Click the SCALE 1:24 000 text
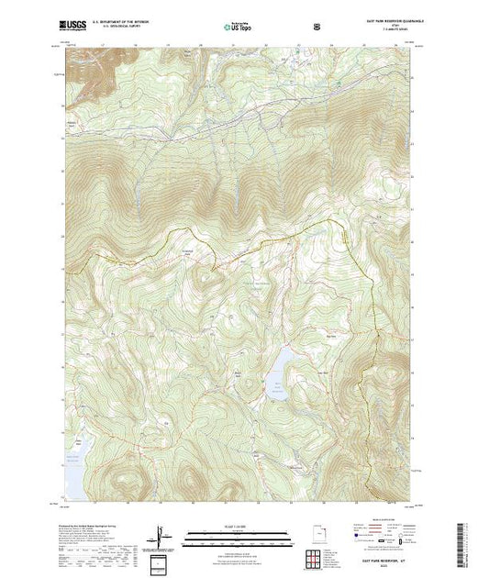coord(233,526)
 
